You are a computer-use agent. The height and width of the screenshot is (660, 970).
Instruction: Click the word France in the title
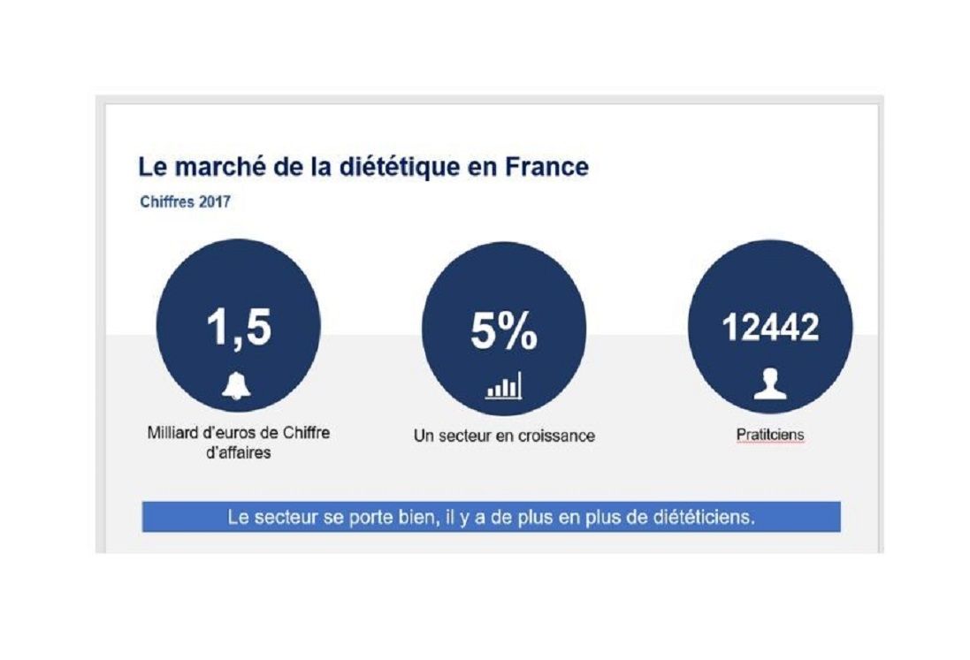pos(546,168)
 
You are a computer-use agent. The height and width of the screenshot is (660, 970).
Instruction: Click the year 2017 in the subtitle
pos(215,202)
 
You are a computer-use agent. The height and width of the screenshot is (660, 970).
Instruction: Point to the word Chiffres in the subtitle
pos(169,202)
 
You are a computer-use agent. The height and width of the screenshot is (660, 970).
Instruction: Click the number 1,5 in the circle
pos(238,327)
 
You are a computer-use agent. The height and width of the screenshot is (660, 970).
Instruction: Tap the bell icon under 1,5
pos(236,385)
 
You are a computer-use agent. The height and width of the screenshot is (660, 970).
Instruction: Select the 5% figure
pos(503,331)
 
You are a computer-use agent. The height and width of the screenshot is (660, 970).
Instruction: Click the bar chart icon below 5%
pos(503,386)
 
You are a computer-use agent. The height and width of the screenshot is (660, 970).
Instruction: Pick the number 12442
pos(770,328)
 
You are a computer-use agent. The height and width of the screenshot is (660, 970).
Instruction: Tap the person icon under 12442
pos(769,385)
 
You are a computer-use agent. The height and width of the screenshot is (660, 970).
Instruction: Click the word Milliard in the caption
pos(172,434)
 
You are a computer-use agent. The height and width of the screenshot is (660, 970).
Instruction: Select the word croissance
pos(558,436)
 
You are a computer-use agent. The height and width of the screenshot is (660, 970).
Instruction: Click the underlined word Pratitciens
pos(769,435)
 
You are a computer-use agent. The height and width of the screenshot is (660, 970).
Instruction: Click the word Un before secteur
pos(424,436)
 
